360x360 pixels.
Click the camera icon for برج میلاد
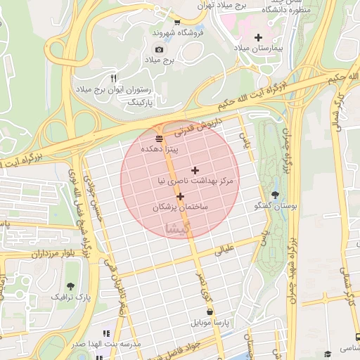pyautogui.click(x=159, y=49)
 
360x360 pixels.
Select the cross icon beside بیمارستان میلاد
pyautogui.click(x=258, y=37)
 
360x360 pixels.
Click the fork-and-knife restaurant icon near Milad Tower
pyautogui.click(x=114, y=77)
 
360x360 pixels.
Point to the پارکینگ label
pyautogui.click(x=138, y=102)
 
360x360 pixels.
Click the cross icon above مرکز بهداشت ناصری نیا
pyautogui.click(x=195, y=170)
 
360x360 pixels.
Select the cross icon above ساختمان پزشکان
pyautogui.click(x=180, y=196)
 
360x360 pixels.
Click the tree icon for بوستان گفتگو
pyautogui.click(x=274, y=195)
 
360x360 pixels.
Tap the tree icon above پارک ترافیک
pyautogui.click(x=70, y=286)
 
